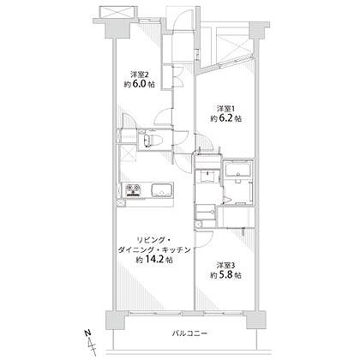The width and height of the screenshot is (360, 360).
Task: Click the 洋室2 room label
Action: point(139,75)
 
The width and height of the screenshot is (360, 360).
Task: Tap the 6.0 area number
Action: point(139,84)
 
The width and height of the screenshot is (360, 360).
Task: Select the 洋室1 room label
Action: point(225,109)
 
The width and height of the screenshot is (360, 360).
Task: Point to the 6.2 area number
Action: point(225,118)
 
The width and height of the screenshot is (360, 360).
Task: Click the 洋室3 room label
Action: point(225,266)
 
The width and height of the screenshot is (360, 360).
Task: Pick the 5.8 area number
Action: point(225,275)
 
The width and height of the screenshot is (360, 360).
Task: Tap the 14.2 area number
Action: point(154,260)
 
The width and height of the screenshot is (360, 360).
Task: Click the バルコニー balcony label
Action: point(189,333)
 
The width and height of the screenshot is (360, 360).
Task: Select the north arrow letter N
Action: point(88,333)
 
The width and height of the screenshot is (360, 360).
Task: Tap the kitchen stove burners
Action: point(133,189)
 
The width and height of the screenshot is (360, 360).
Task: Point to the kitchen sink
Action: point(162,190)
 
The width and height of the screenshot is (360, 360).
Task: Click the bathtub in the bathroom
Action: point(237,169)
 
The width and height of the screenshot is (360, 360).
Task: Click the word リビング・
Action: point(153,240)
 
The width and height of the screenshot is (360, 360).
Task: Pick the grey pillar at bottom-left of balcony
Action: point(116,320)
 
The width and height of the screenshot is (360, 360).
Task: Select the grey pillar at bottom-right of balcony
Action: point(256,320)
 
